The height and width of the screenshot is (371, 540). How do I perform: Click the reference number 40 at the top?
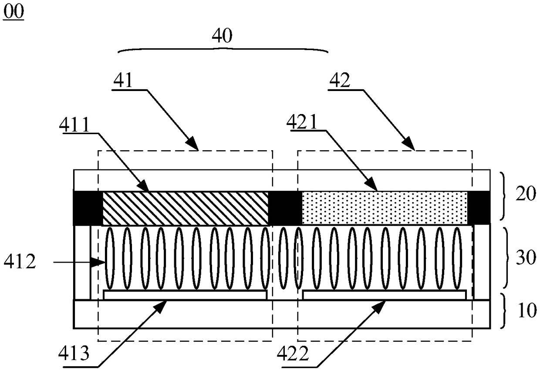(x=222, y=36)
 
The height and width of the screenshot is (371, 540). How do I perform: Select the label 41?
(x=123, y=81)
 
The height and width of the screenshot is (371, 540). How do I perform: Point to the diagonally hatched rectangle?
(x=185, y=208)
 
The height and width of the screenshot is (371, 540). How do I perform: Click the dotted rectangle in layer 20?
(x=384, y=208)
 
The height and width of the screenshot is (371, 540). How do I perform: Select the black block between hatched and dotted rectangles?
(x=285, y=208)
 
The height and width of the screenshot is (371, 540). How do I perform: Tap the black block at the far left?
(x=88, y=208)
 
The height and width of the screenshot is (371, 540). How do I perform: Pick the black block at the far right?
(x=478, y=208)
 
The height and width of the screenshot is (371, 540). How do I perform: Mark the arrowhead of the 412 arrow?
(x=101, y=262)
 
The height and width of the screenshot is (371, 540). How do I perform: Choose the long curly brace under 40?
(x=223, y=50)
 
